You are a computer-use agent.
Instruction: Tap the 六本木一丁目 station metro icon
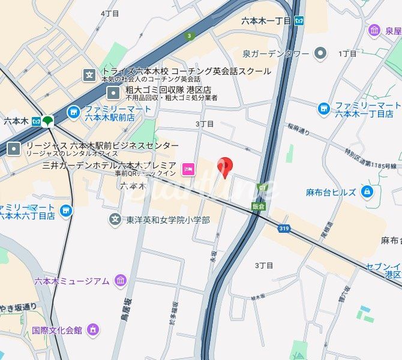point(299,20)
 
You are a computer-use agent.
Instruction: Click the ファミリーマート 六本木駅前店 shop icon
point(73,112)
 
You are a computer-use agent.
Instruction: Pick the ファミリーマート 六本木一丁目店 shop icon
point(324,109)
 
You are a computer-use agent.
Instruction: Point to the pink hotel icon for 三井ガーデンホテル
point(188,170)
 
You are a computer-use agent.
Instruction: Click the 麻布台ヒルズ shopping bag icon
point(367,192)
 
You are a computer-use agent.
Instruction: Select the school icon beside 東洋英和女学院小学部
point(115,220)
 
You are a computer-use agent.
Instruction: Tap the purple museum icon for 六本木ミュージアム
point(121,281)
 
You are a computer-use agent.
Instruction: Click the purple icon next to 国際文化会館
point(92,329)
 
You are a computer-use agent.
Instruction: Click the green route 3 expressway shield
point(190,36)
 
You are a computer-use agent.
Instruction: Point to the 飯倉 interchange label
point(259,204)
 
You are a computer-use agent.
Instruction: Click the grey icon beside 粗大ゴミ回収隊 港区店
point(113,93)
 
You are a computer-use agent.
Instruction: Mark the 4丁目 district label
point(110,13)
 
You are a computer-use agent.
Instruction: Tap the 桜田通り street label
point(299,127)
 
